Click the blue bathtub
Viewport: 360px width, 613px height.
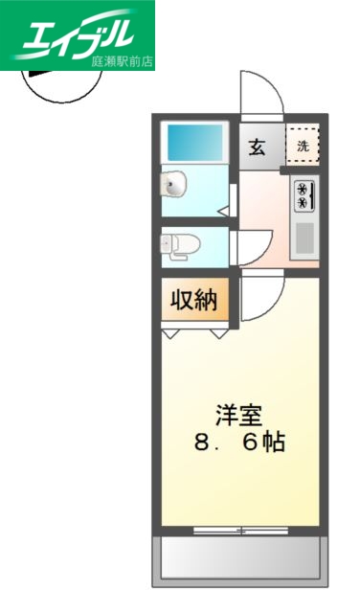(196, 142)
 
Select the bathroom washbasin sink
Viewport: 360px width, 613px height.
(175, 182)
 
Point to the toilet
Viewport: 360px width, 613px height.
(178, 245)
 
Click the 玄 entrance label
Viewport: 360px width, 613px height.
(257, 147)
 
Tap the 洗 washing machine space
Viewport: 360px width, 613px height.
(303, 147)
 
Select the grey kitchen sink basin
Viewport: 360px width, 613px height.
(304, 238)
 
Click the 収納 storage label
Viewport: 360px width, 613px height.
(194, 301)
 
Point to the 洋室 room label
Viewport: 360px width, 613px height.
(238, 417)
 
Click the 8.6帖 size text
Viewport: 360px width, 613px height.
(239, 444)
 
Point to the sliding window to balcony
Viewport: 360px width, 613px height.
(239, 530)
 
